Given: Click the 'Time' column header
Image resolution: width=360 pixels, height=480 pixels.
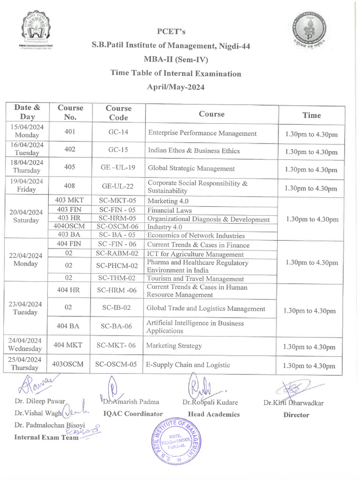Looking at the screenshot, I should pyautogui.click(x=311, y=115).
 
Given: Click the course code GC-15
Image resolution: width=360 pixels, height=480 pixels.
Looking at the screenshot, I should pyautogui.click(x=118, y=150).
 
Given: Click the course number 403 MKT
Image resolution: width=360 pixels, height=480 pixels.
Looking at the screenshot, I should pyautogui.click(x=69, y=200).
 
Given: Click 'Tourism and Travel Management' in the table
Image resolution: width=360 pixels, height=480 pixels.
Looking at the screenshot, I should pyautogui.click(x=195, y=279).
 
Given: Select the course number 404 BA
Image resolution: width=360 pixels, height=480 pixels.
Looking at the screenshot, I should pyautogui.click(x=68, y=327).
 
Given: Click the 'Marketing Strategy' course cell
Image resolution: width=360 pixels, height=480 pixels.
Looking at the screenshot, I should pyautogui.click(x=174, y=346).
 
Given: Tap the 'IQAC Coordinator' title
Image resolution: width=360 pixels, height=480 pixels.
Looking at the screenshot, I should pyautogui.click(x=133, y=414).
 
